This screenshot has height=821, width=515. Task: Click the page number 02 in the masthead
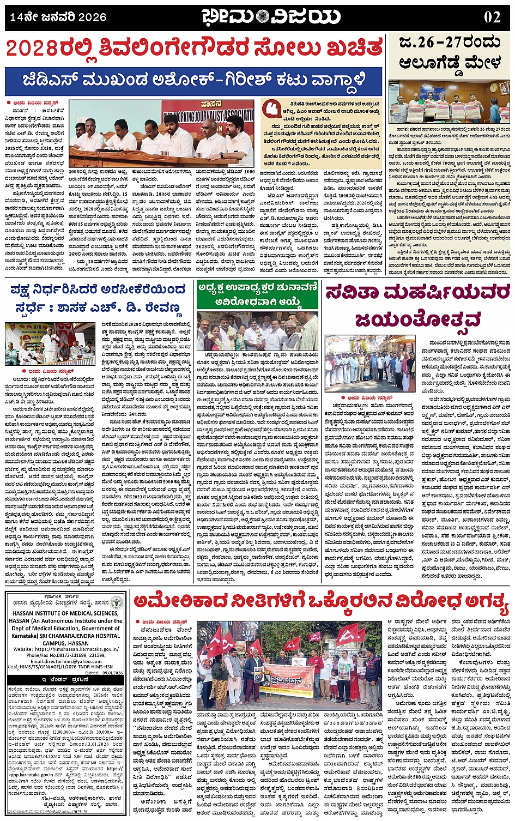point(492,17)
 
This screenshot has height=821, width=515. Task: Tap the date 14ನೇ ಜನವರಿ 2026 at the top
point(58,17)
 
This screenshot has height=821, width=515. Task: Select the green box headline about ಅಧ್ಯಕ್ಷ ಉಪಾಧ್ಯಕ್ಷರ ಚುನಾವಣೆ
point(258,294)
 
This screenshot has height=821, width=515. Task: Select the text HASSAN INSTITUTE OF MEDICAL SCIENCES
point(65,613)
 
